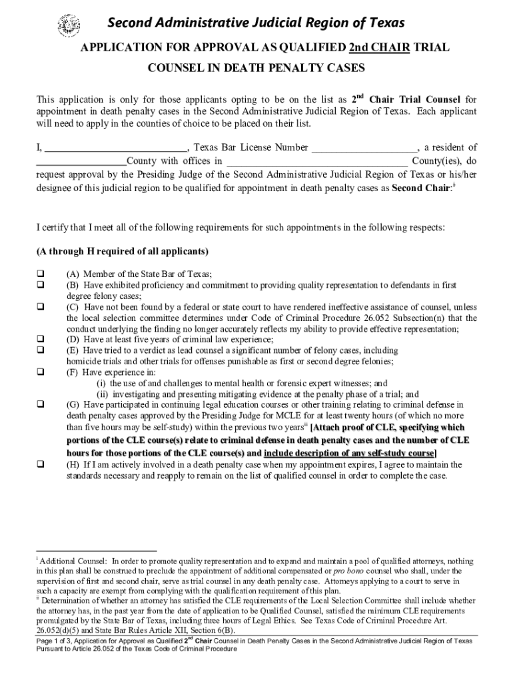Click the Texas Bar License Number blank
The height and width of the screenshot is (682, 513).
tap(364, 148)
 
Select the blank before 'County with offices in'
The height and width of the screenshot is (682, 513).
tap(81, 161)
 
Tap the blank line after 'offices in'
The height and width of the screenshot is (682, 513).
tap(317, 161)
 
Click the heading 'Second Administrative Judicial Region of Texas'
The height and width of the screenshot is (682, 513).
tap(256, 23)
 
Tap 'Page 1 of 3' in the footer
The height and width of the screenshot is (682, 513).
tap(57, 641)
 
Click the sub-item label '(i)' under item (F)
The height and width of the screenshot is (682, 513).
tap(101, 383)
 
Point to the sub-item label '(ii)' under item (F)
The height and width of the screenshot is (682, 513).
tap(103, 394)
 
